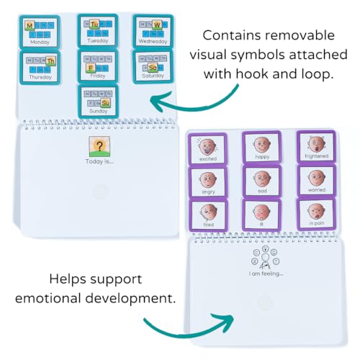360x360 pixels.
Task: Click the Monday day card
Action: [39, 32]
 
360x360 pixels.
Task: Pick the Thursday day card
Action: [39, 66]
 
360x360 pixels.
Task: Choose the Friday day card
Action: [97, 66]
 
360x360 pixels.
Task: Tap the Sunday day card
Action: [98, 101]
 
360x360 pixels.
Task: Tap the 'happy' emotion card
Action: [261, 146]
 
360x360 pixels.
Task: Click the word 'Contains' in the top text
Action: [233, 35]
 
